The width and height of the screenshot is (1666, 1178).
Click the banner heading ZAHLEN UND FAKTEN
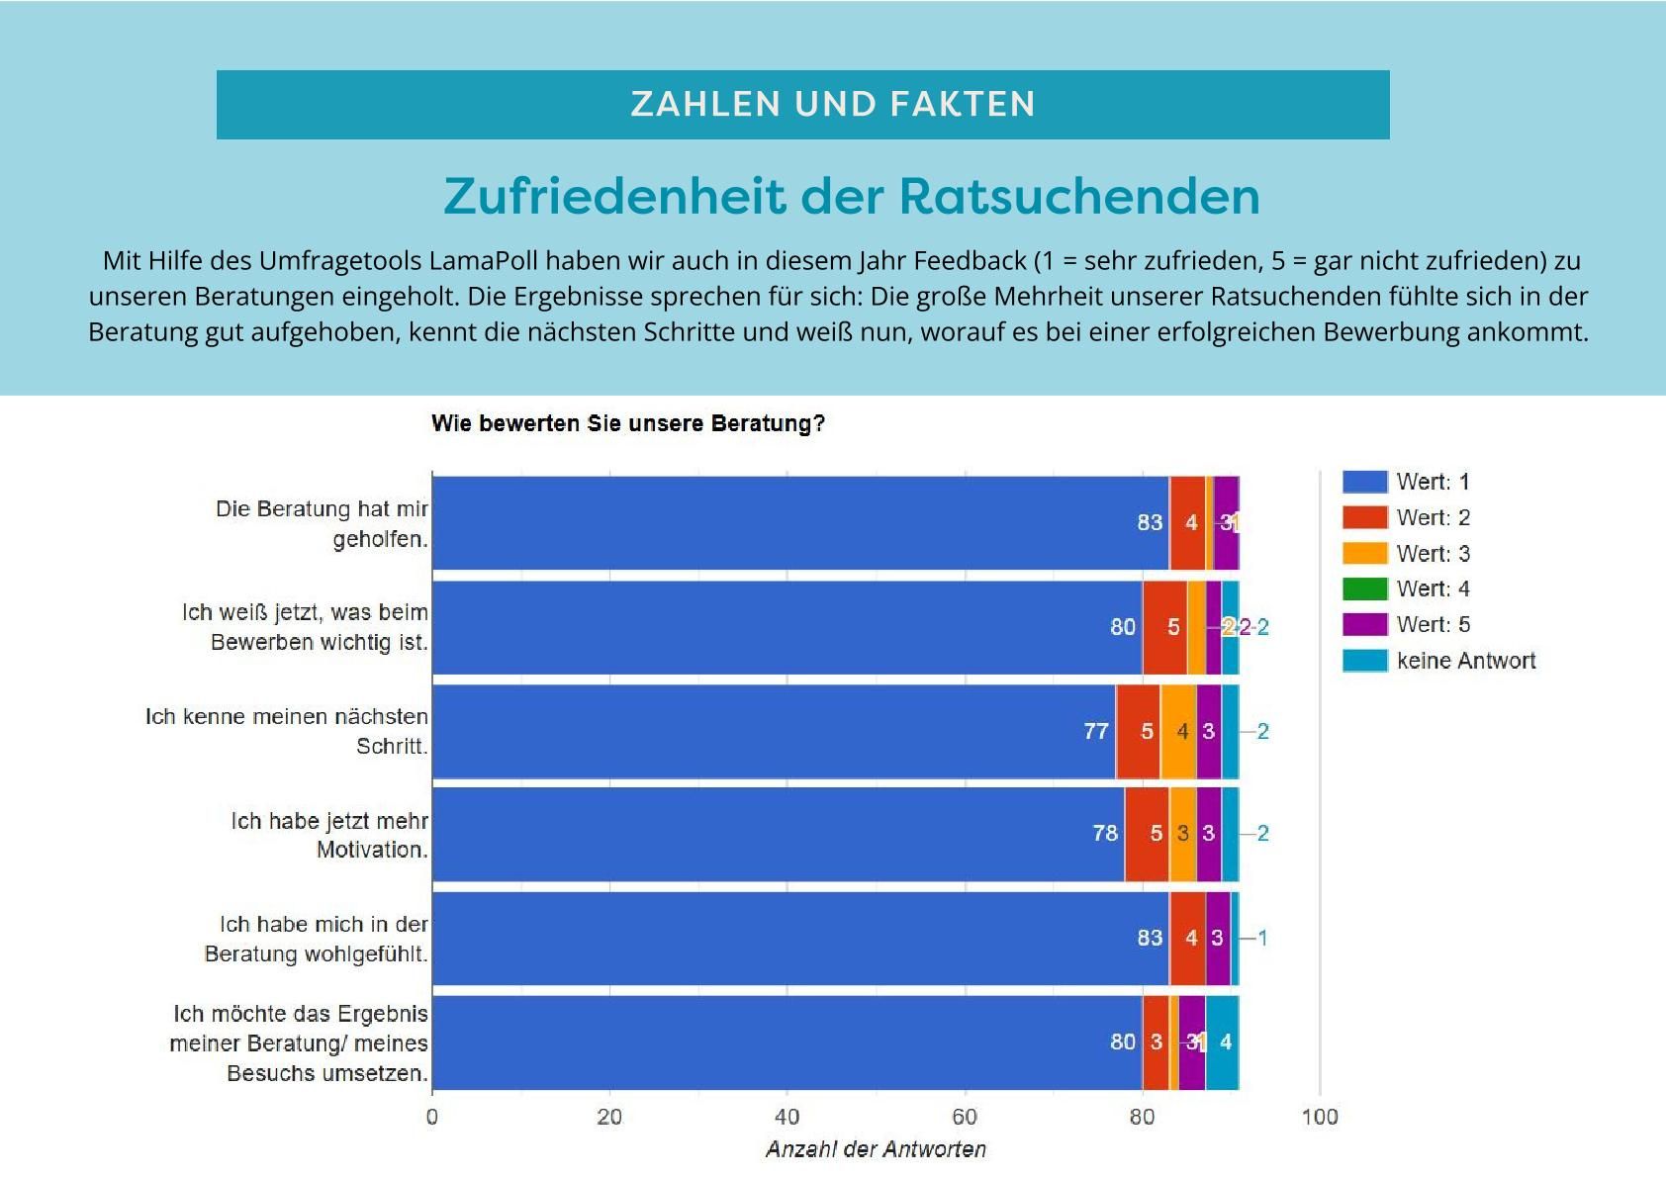[x=833, y=104]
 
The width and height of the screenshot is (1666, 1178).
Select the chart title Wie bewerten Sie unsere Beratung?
[x=628, y=424]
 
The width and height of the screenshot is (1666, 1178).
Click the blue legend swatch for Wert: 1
[x=1364, y=482]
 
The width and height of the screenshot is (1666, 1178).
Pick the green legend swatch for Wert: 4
[x=1364, y=589]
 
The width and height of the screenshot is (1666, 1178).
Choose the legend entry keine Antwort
[x=1465, y=661]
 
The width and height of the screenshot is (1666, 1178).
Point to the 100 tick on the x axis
[x=1320, y=1118]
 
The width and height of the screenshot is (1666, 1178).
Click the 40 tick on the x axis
[x=787, y=1118]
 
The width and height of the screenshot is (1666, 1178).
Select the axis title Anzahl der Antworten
[x=876, y=1149]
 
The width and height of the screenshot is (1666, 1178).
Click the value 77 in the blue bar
[x=1096, y=731]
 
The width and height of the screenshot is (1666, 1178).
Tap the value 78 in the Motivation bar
[x=1105, y=834]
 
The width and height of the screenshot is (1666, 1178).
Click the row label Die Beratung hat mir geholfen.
[x=322, y=524]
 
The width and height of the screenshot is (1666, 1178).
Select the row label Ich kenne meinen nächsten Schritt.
[x=287, y=731]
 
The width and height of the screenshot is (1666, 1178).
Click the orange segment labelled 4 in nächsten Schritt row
[x=1179, y=731]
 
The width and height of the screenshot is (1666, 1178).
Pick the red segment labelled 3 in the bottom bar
[x=1156, y=1042]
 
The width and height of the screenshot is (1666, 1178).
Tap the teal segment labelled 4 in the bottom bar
[x=1224, y=1042]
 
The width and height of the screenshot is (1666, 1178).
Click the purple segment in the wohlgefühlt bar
[x=1218, y=938]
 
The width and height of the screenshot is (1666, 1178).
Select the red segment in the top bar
[x=1188, y=522]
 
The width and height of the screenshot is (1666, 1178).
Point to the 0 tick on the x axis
[x=432, y=1118]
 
